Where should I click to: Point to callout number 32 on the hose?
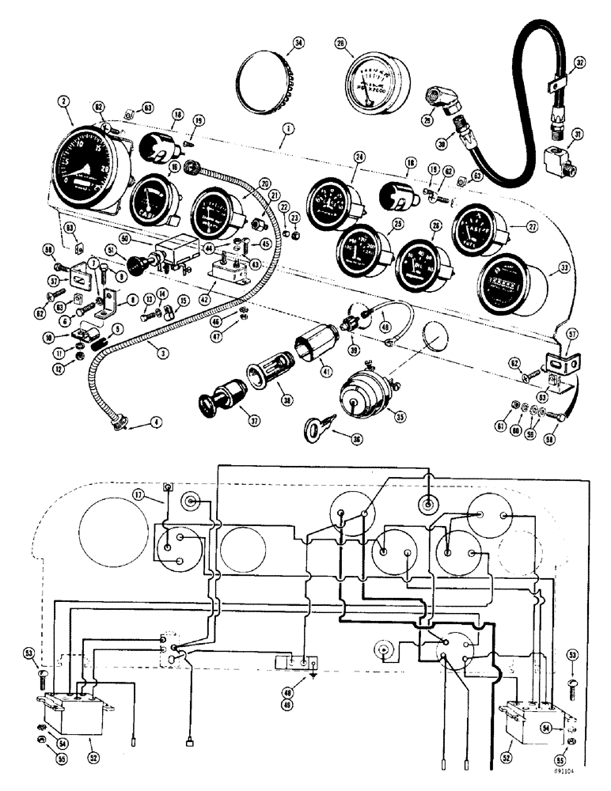pyautogui.click(x=579, y=60)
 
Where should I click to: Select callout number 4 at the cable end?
pyautogui.click(x=156, y=422)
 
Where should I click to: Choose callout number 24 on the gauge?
pyautogui.click(x=360, y=157)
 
